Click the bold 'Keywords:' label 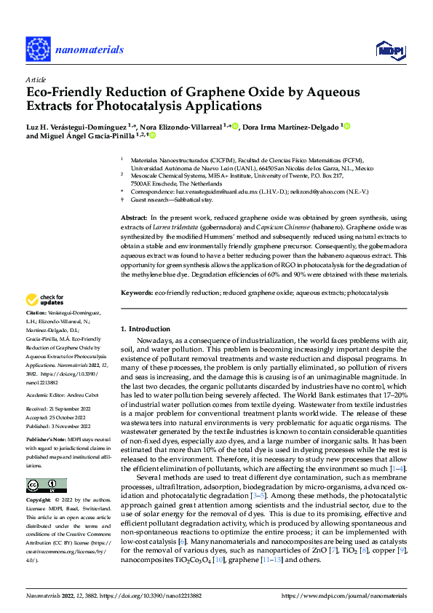coord(136,292)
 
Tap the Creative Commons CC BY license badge coord(47,486)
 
